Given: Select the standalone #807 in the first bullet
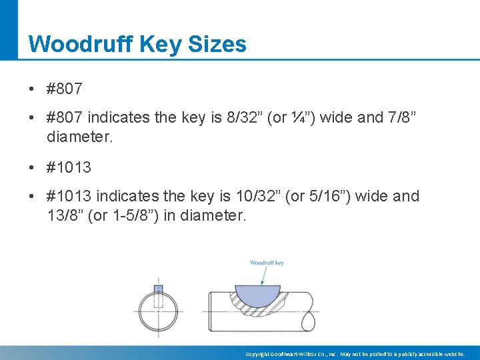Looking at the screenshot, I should click(x=65, y=88).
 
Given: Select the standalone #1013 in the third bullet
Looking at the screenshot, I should click(x=69, y=167).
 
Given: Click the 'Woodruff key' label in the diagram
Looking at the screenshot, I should click(x=267, y=263).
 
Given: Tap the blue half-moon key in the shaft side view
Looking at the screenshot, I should click(x=257, y=294).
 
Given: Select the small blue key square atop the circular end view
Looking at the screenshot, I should click(x=158, y=289).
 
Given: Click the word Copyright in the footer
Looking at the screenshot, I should click(x=257, y=354).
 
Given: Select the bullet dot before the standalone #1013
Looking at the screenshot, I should click(x=32, y=167).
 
